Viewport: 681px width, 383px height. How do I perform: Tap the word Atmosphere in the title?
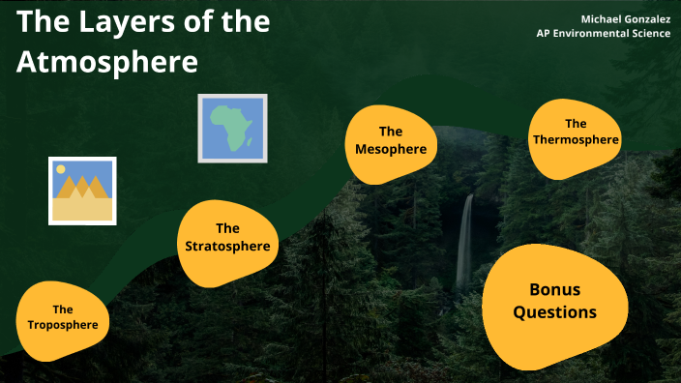tap(107, 63)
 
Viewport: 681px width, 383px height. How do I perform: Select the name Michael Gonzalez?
tap(625, 19)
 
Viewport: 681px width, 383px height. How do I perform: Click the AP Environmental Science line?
tap(604, 34)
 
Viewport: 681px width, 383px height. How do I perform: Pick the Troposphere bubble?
tap(63, 317)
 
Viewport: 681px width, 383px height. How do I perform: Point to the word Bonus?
tap(554, 289)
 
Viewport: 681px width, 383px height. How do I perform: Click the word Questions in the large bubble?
tap(554, 312)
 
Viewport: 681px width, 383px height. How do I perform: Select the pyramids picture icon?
tap(82, 191)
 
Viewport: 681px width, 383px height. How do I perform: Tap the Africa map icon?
tap(232, 127)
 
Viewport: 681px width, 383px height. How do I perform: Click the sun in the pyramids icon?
tap(61, 169)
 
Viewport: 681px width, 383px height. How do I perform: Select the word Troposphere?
tap(63, 325)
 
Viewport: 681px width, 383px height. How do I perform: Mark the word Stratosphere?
tap(227, 247)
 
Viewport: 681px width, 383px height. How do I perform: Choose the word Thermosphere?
tap(576, 140)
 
